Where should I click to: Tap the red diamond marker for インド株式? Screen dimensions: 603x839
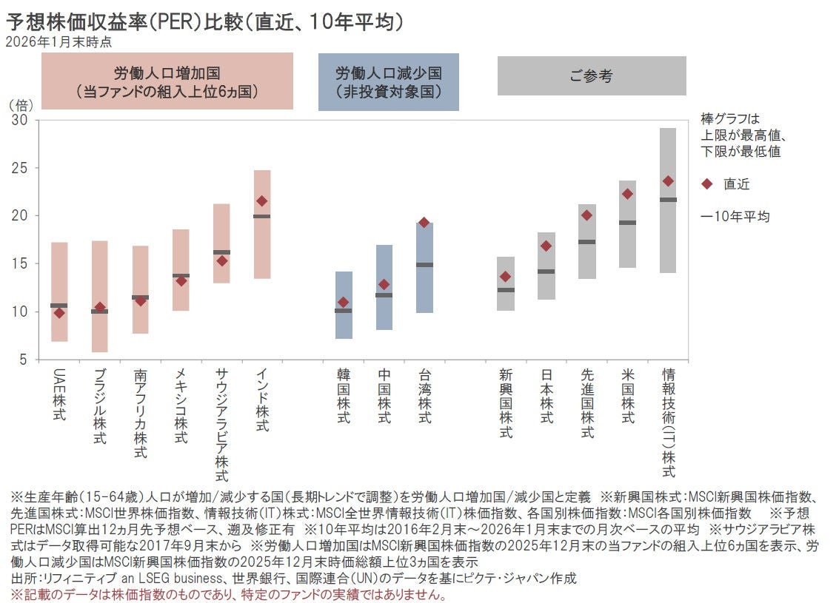tap(262, 201)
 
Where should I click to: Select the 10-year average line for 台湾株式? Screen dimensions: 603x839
tap(424, 264)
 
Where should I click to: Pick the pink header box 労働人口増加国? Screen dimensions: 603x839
tap(167, 82)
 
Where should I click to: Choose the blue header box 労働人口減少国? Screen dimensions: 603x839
tap(389, 82)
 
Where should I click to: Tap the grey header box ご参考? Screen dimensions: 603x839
tap(592, 75)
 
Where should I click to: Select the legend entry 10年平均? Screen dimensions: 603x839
tap(735, 217)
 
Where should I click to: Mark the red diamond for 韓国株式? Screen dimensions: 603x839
tap(343, 302)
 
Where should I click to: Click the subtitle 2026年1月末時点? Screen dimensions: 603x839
tap(59, 42)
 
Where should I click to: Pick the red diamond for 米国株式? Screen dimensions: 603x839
tap(627, 194)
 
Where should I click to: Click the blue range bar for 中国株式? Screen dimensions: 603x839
tap(384, 311)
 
